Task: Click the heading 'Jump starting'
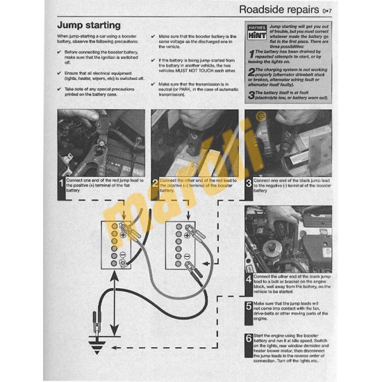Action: (x=91, y=24)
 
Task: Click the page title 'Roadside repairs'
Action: (x=278, y=10)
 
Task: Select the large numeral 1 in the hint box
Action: (x=251, y=53)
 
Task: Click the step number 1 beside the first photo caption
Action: (x=61, y=185)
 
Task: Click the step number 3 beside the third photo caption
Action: (x=249, y=185)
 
